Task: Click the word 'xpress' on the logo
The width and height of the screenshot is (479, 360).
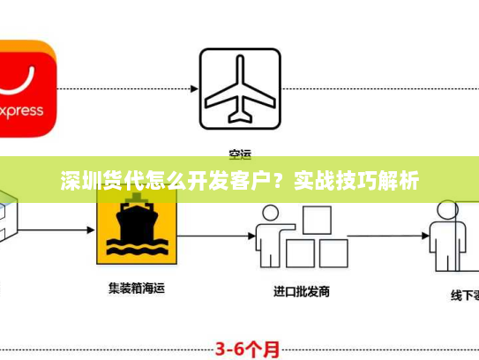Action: [x=23, y=112]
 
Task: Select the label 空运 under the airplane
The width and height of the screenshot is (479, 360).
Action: [x=239, y=151]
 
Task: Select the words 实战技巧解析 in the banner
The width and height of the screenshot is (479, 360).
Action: [x=356, y=183]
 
